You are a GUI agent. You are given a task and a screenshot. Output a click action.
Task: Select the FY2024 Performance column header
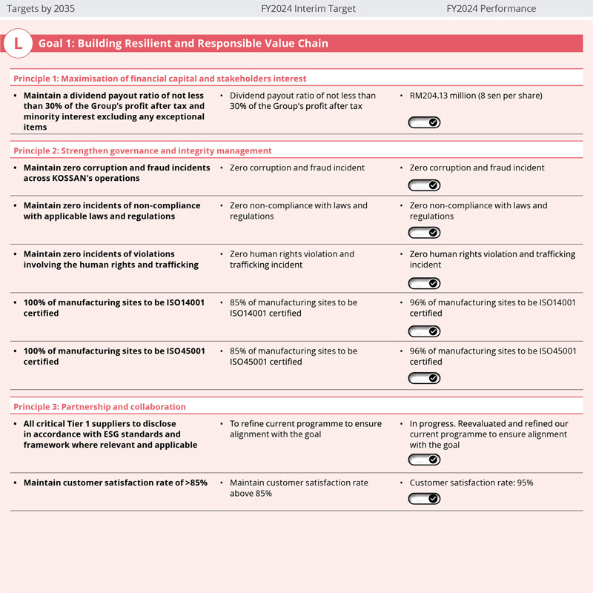[491, 9]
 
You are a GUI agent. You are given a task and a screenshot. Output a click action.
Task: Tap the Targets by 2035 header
[40, 9]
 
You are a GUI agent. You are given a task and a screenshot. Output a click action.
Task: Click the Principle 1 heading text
[160, 78]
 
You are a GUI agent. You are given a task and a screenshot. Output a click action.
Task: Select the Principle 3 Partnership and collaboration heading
[99, 406]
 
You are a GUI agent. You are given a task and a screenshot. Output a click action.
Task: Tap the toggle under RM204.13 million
[425, 122]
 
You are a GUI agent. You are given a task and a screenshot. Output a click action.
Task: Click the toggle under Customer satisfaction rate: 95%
[425, 499]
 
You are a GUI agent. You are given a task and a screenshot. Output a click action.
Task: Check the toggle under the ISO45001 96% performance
[425, 378]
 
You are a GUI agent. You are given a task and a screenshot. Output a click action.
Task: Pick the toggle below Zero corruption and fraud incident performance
[425, 185]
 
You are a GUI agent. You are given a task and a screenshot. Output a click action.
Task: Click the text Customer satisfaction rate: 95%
[471, 483]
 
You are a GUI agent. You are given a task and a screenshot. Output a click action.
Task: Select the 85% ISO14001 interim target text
[294, 308]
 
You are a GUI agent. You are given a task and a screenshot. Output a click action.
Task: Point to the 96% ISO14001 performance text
[492, 308]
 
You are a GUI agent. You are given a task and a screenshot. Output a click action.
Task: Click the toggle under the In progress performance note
[425, 460]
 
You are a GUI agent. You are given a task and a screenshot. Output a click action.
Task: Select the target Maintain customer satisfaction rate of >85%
[115, 483]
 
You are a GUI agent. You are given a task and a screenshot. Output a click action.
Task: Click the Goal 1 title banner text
[183, 44]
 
